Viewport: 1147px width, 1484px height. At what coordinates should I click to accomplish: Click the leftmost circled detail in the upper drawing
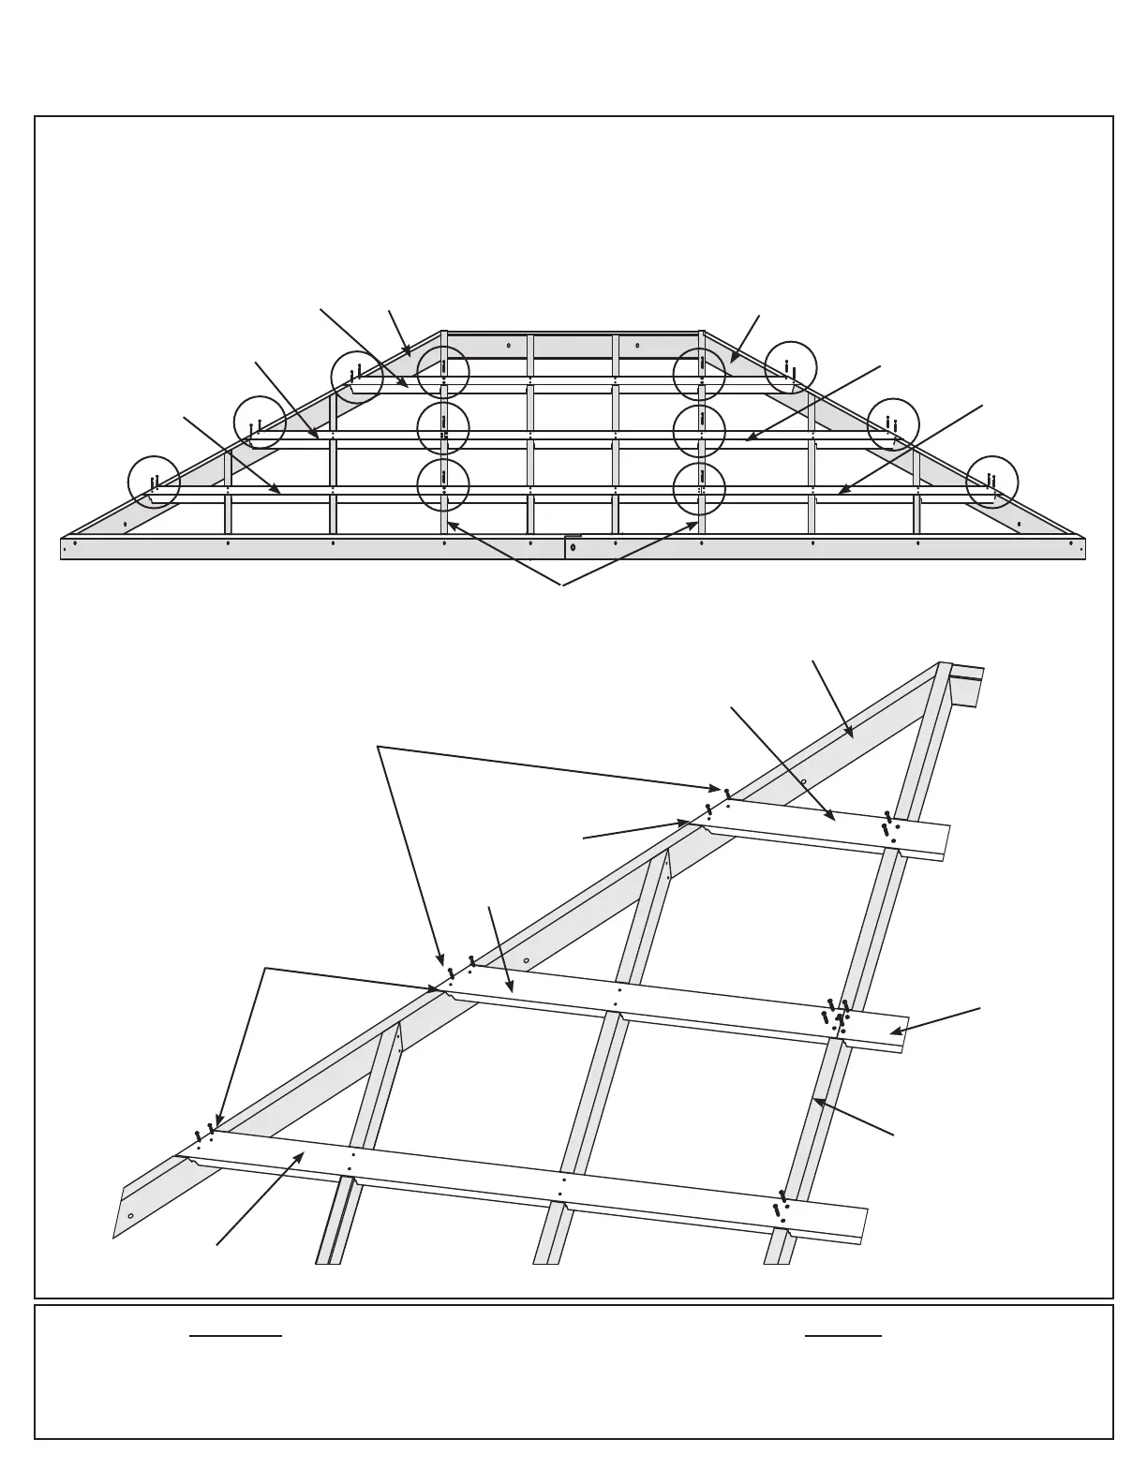[x=154, y=482]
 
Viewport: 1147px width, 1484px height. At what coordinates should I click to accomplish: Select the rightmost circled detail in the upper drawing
[x=991, y=482]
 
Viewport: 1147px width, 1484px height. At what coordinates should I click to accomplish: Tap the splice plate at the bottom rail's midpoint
[x=573, y=546]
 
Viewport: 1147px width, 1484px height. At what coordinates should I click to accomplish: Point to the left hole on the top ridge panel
[x=509, y=346]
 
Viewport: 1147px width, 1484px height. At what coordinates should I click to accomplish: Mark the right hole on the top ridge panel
[x=637, y=346]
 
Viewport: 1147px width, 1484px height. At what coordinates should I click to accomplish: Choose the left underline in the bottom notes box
[x=235, y=1336]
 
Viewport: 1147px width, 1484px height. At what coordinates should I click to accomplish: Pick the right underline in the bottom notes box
[x=843, y=1336]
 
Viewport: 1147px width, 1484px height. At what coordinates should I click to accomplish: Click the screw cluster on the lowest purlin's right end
[x=781, y=1207]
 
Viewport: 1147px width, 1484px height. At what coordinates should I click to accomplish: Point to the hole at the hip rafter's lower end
[x=130, y=1216]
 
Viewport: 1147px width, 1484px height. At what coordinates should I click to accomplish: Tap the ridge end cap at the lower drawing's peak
[x=966, y=683]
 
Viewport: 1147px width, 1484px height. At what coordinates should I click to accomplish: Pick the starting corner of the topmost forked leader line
[x=378, y=747]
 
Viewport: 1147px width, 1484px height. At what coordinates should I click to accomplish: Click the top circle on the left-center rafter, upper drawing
[x=443, y=372]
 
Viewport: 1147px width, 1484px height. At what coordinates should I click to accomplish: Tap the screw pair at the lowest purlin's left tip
[x=204, y=1133]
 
